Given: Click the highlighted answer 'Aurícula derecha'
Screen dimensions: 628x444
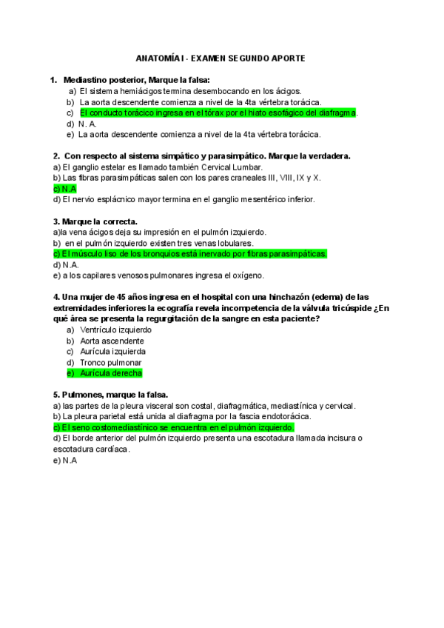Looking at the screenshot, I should coord(110,373).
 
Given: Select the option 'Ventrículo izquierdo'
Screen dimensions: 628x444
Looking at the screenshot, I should coord(115,330).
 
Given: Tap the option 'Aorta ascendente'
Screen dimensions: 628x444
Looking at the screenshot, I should coord(112,341).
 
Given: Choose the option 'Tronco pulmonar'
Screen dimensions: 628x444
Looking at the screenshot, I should coord(110,362).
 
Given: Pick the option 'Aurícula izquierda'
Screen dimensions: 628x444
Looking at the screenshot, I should coord(112,351).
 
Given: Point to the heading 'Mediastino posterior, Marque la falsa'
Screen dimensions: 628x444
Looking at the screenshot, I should coord(137,80).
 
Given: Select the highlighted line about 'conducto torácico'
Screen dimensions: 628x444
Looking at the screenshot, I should coord(218,113).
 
